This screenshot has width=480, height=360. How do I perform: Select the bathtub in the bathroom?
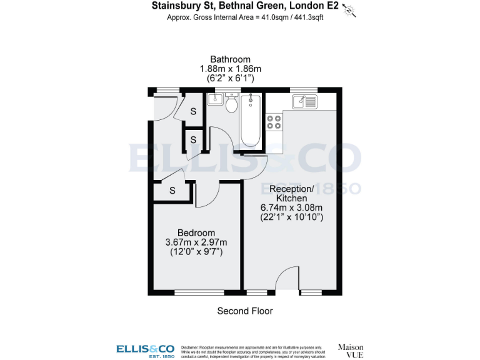click(x=251, y=121)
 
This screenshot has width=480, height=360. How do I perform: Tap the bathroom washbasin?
click(x=216, y=99)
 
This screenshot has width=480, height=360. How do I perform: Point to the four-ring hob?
click(x=274, y=122)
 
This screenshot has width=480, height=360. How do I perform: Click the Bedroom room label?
click(x=196, y=232)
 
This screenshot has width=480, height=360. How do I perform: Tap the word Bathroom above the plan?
click(x=230, y=59)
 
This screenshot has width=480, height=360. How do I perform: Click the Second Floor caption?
click(x=245, y=311)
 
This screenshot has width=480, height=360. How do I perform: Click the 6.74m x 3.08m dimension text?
click(x=291, y=207)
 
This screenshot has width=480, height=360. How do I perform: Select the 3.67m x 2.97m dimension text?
click(x=196, y=242)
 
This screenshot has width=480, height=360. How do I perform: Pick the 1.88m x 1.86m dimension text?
click(x=230, y=69)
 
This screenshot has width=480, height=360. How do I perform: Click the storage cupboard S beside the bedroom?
click(x=171, y=190)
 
